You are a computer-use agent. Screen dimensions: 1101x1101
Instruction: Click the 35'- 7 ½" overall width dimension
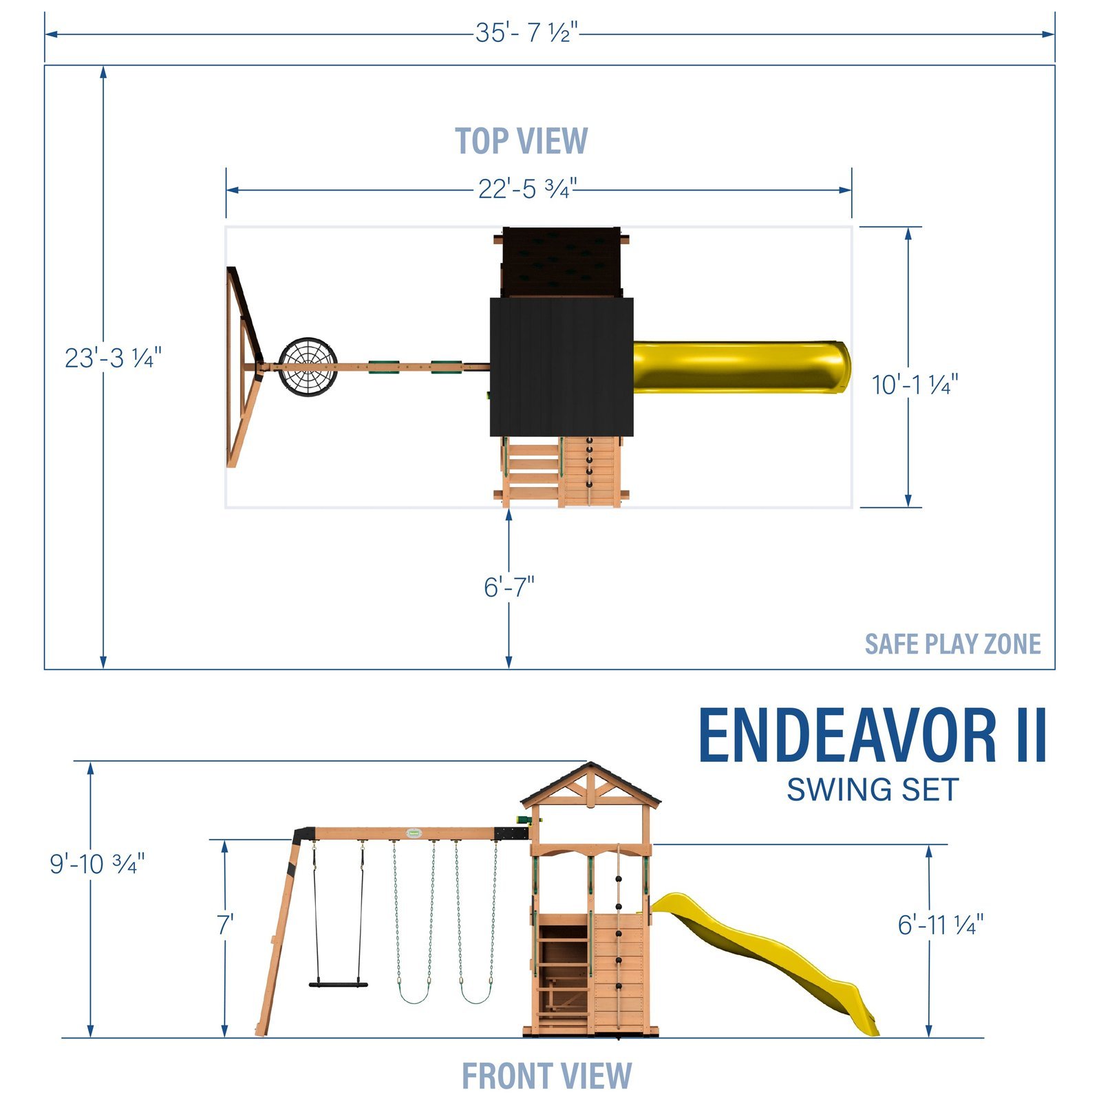526,32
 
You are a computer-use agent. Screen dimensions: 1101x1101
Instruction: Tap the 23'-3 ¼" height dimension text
113,358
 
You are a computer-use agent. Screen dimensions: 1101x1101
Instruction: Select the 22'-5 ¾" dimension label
527,189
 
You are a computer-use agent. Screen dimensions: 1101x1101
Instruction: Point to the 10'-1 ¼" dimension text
915,385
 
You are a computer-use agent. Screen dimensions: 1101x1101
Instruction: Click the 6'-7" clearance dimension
509,587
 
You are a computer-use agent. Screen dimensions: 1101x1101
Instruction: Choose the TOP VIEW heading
521,141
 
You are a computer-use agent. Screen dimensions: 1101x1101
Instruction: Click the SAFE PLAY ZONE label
952,644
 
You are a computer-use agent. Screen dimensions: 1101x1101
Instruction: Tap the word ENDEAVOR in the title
848,736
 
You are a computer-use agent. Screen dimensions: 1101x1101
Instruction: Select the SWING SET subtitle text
873,790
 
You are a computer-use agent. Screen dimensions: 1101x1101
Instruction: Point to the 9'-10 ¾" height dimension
97,864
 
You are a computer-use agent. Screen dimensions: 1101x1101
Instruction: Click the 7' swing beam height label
225,925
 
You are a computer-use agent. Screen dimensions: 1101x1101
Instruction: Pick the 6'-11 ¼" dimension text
940,925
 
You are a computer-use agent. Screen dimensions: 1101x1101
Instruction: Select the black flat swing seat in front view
338,984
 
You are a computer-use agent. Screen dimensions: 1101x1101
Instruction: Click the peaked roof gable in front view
590,784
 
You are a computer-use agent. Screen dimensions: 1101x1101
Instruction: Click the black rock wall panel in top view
561,261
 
